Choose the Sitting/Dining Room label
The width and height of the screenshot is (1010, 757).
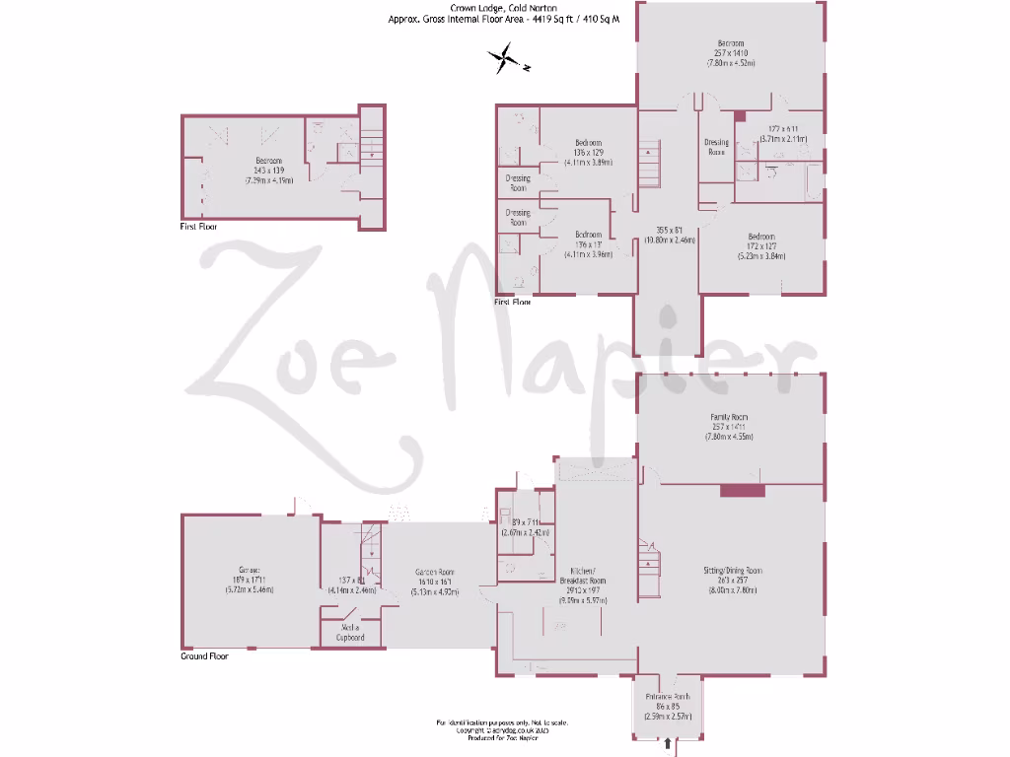tap(732, 570)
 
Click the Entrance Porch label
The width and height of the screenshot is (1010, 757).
tap(668, 697)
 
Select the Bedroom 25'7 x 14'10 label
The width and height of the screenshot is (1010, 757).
tap(731, 44)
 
